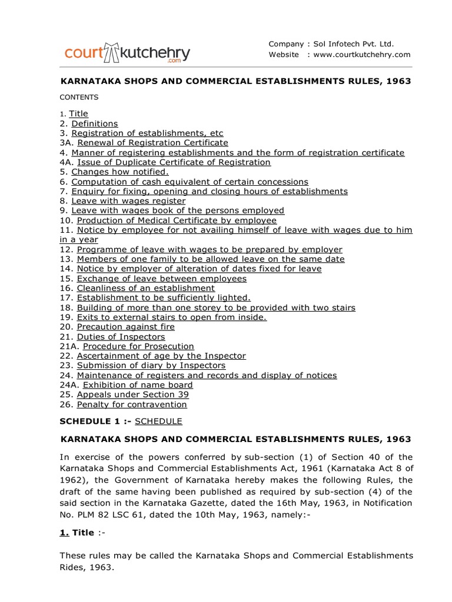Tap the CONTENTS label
coord(79,97)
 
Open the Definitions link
coord(95,123)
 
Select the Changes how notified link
coord(120,172)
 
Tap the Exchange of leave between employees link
coord(162,278)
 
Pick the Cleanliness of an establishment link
coord(146,288)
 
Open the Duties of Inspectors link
coord(121,337)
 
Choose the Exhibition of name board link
coord(138,385)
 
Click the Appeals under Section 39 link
coord(133,394)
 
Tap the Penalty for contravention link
coord(132,404)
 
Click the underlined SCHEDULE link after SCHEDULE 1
coord(159,421)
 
